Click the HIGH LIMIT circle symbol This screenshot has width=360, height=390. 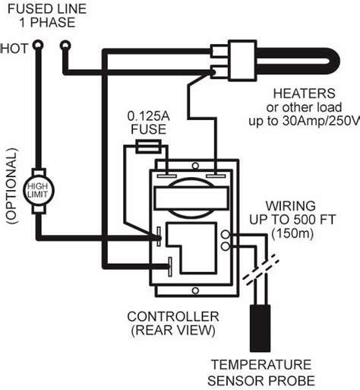click(36, 188)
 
